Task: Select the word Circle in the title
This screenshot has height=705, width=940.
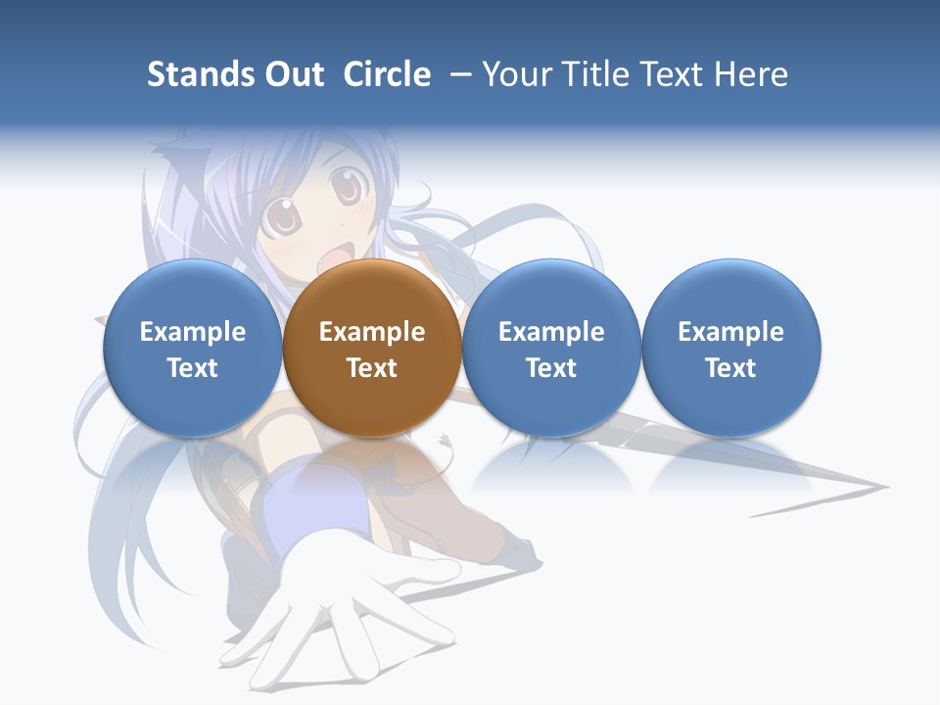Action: pos(387,74)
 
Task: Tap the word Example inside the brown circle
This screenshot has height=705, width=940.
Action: pos(371,332)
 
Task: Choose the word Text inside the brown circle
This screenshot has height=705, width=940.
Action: pos(371,368)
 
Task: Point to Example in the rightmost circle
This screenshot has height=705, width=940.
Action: pos(730,332)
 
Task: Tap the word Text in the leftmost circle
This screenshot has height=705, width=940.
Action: pos(192,368)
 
